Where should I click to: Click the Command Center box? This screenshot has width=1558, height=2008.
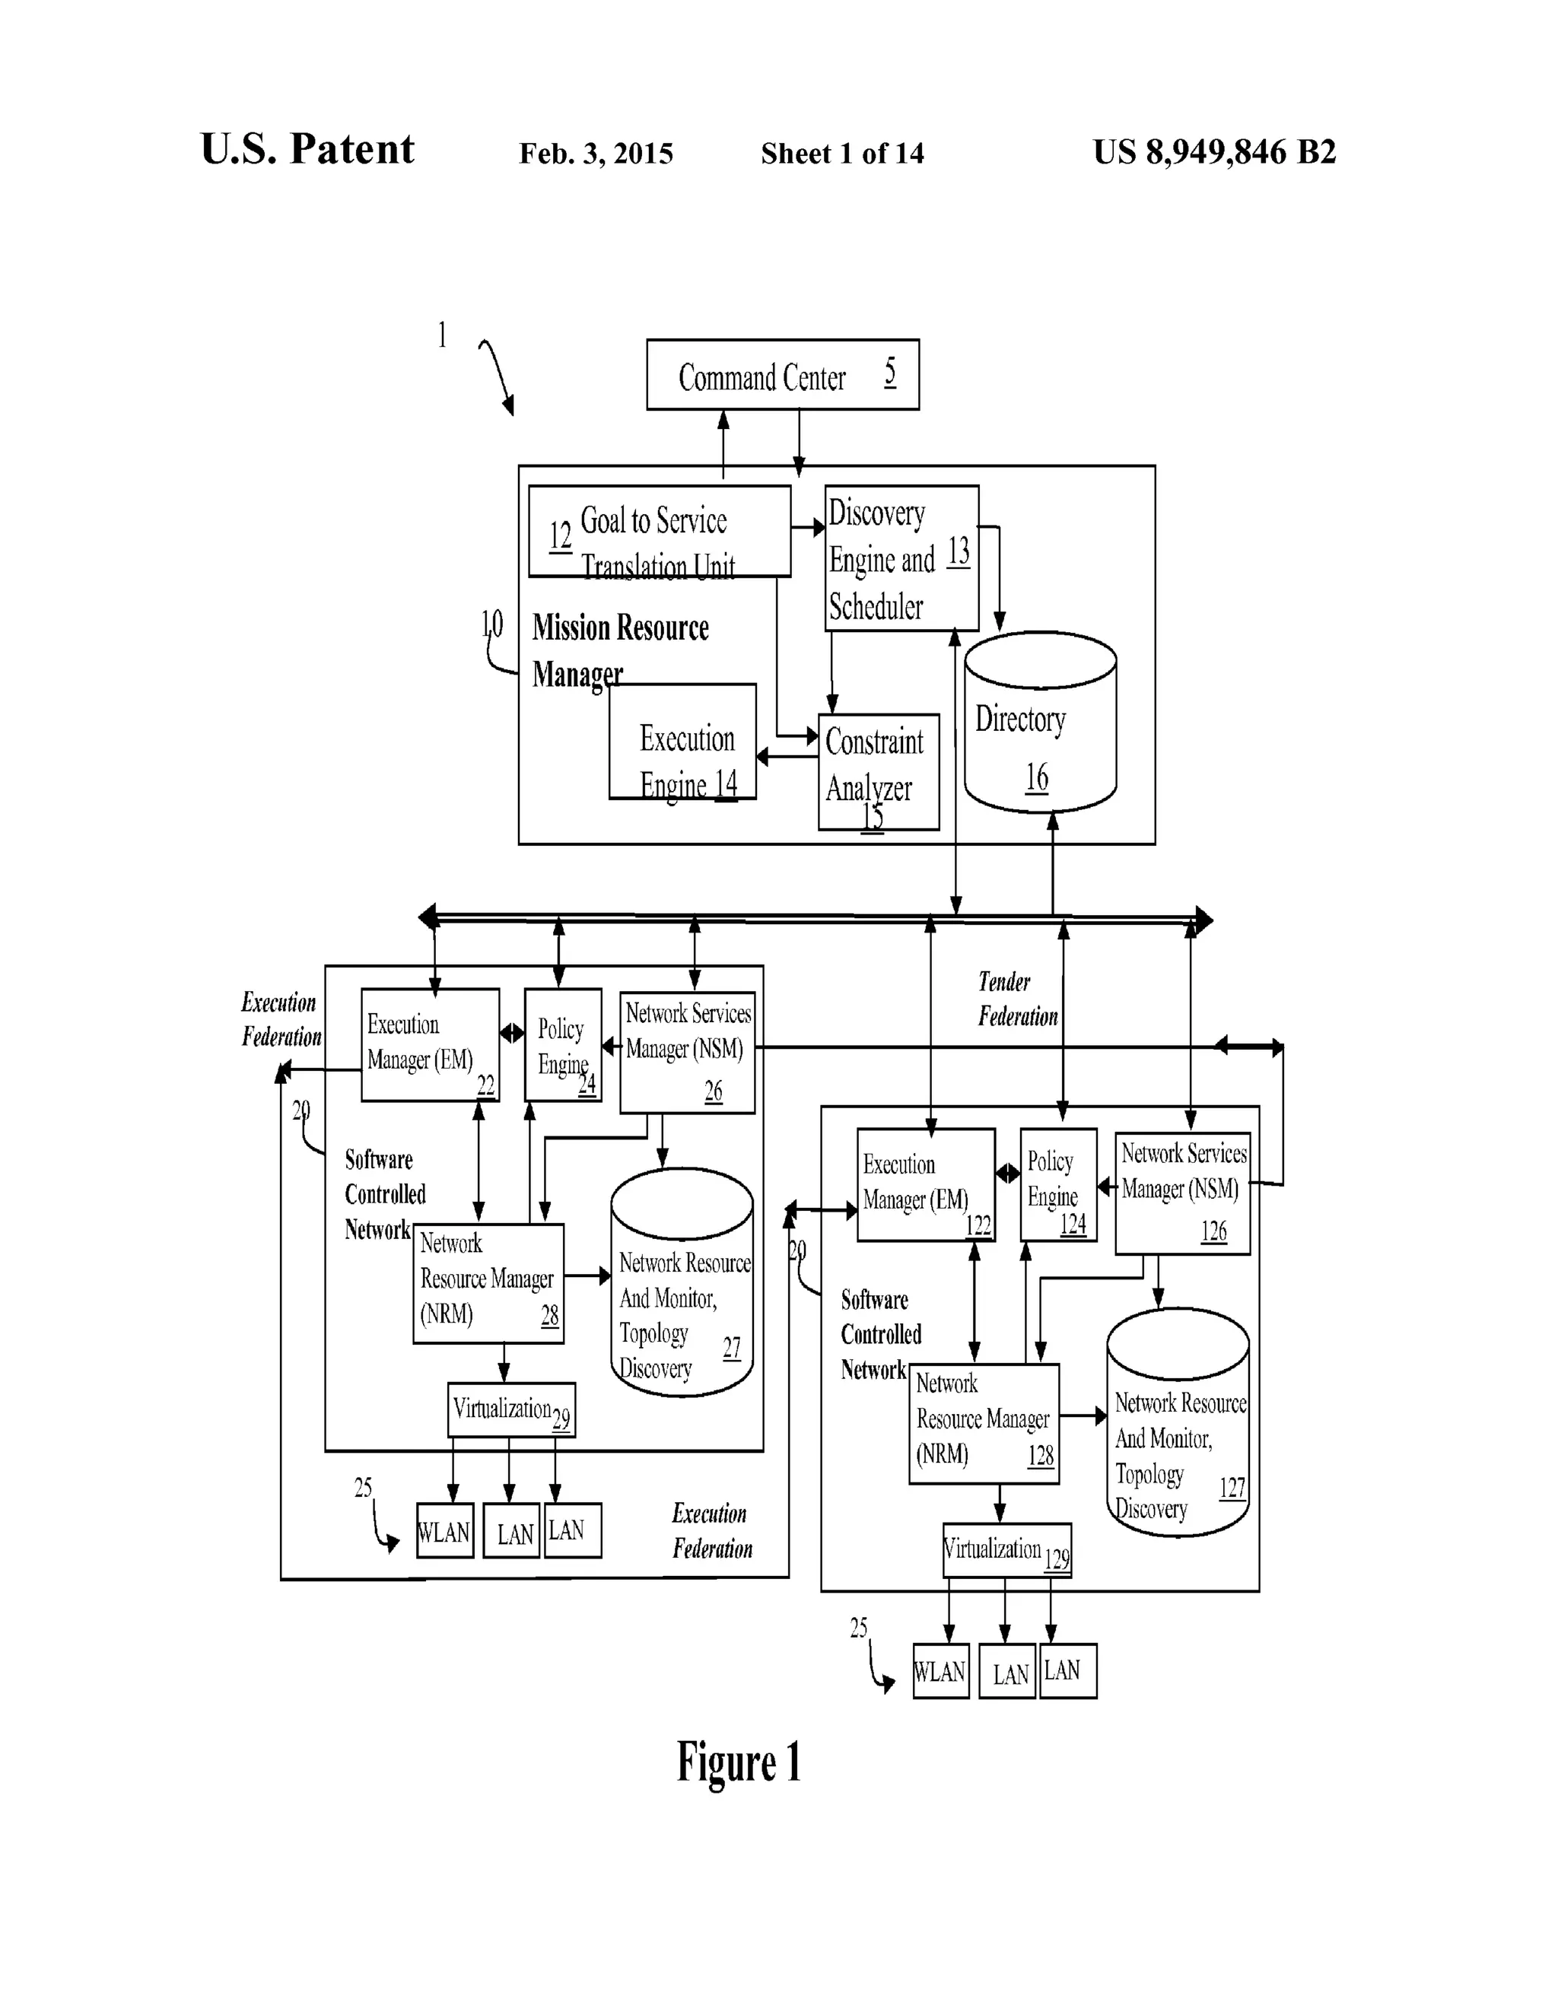click(x=782, y=374)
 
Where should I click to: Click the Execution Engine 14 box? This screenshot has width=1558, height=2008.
click(x=682, y=741)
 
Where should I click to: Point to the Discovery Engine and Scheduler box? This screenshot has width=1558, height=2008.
click(x=901, y=558)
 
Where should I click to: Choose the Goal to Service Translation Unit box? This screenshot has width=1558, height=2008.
click(x=659, y=532)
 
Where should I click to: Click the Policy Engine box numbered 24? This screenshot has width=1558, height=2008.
click(x=563, y=1044)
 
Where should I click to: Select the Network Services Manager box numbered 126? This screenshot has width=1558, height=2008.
click(x=1182, y=1193)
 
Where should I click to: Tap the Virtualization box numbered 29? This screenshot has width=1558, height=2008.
click(x=511, y=1409)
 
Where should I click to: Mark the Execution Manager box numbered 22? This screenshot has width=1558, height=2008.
click(x=430, y=1044)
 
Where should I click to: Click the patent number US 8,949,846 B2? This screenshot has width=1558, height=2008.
click(x=1213, y=151)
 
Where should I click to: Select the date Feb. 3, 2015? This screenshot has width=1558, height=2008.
click(x=596, y=154)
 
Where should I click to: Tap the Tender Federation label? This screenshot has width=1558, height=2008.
click(x=1016, y=999)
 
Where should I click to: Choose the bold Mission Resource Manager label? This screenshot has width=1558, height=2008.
click(x=619, y=649)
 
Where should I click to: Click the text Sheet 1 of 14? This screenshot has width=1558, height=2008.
click(x=841, y=154)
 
